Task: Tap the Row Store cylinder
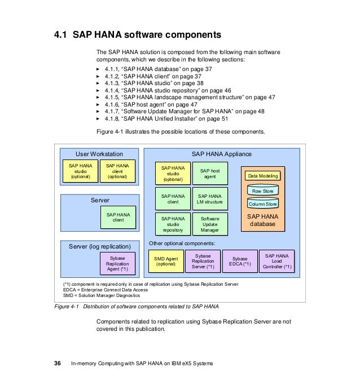[x=262, y=192]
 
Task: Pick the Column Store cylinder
[x=262, y=204]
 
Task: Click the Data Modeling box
[x=262, y=176]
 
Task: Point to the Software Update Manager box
[x=210, y=224]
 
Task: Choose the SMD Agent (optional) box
[x=166, y=262]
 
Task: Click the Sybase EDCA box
[x=240, y=262]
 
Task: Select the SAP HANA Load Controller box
[x=276, y=262]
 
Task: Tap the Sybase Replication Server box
[x=203, y=262]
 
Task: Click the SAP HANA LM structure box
[x=210, y=198]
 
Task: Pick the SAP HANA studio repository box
[x=173, y=224]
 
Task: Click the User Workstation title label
[x=99, y=154]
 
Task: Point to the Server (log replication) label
[x=100, y=246]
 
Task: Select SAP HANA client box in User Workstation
[x=117, y=171]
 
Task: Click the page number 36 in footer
[x=57, y=364]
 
